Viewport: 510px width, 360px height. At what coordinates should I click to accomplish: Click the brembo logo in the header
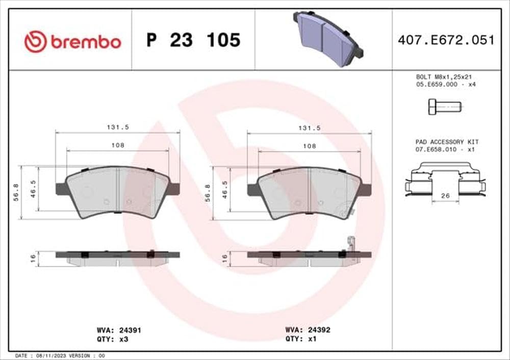(x=72, y=41)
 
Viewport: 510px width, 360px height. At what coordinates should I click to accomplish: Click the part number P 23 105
(x=193, y=40)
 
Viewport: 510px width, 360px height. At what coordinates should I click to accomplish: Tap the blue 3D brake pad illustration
(x=326, y=38)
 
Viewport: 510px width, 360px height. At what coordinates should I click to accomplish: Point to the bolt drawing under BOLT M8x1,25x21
(x=443, y=106)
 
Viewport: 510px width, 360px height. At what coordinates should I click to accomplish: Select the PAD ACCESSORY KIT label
(x=446, y=141)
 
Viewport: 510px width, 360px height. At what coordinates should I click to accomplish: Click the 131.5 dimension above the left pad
(x=117, y=128)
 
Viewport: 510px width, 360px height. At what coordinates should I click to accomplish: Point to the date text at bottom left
(x=53, y=355)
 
